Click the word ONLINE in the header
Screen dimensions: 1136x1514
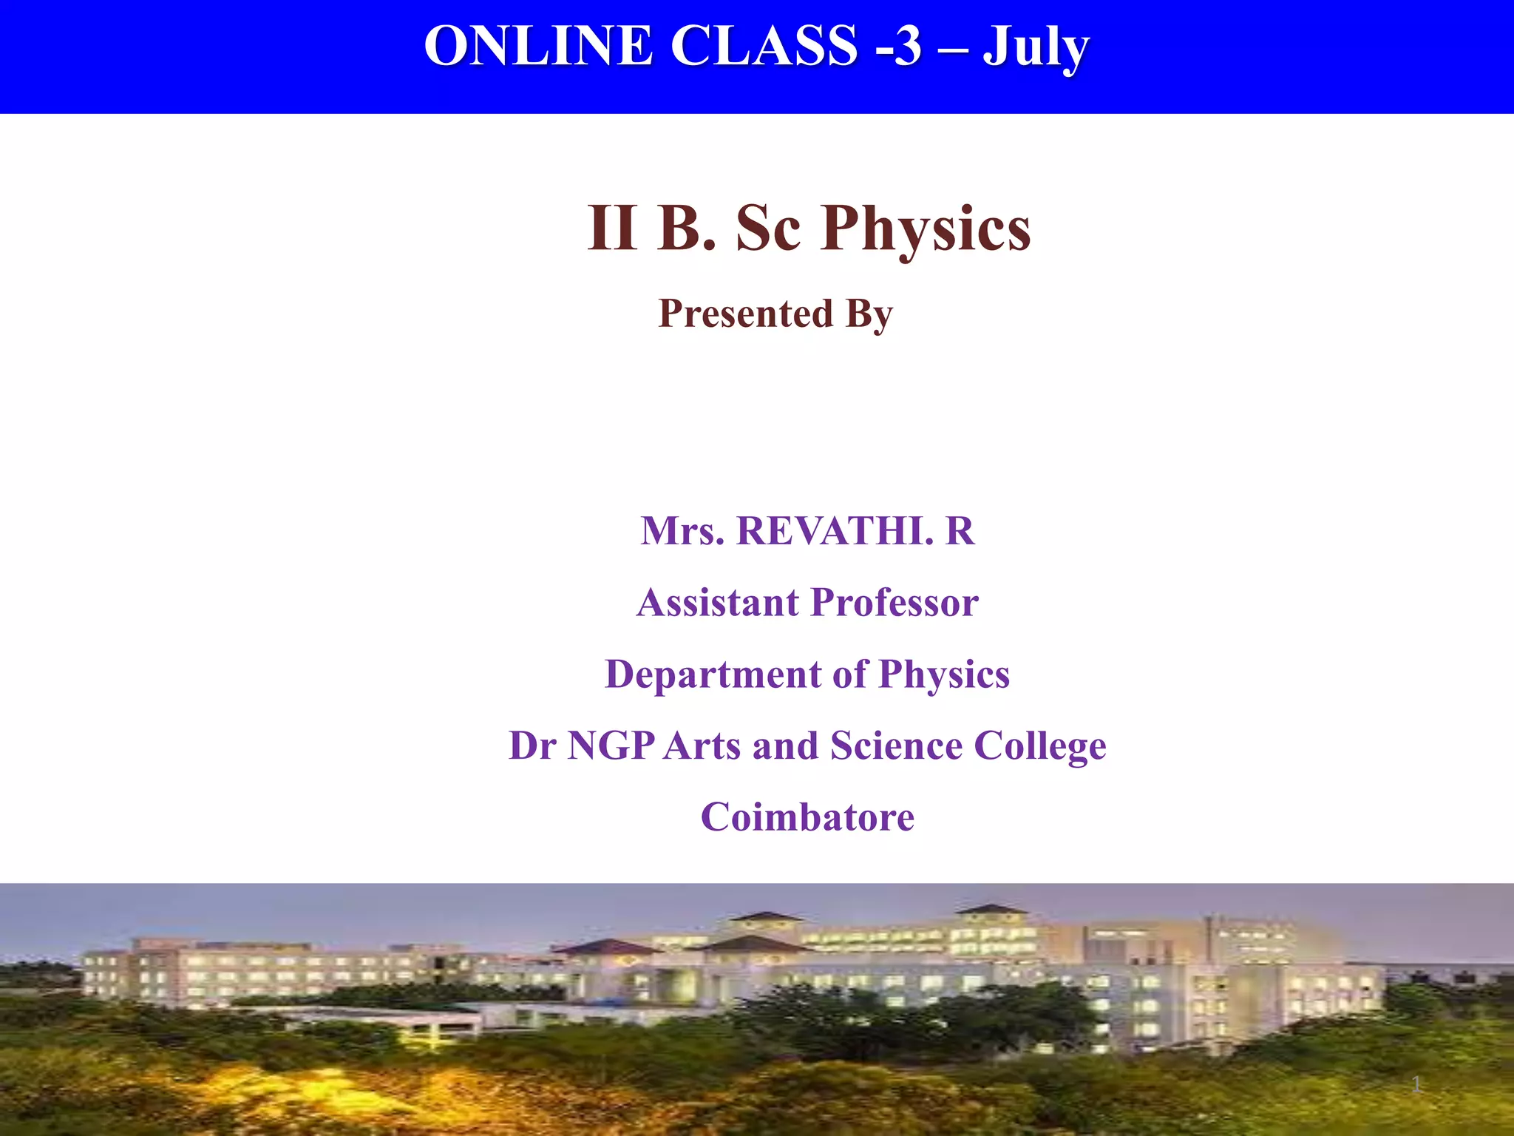(538, 46)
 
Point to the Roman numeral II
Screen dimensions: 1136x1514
(612, 229)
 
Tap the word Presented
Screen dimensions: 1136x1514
(745, 314)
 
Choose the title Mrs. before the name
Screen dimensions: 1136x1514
(682, 531)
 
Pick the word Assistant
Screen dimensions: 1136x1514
(718, 602)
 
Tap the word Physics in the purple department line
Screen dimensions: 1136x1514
(944, 675)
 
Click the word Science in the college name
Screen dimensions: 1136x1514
(895, 745)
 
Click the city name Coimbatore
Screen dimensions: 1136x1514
(807, 817)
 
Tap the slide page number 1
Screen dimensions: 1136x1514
(1416, 1085)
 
